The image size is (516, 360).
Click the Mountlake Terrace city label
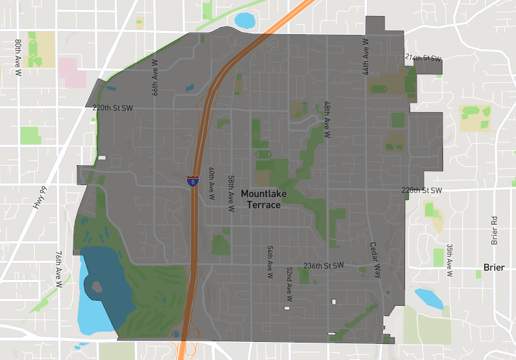[261, 199]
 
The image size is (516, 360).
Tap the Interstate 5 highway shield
[193, 181]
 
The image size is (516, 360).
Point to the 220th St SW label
[112, 108]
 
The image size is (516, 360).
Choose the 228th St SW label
[421, 190]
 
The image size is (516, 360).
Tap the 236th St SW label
[324, 265]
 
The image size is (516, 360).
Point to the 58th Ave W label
[230, 194]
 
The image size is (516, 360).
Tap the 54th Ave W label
[270, 261]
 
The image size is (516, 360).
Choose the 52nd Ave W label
[290, 285]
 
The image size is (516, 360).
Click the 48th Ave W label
[328, 120]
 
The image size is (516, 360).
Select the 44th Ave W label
[366, 56]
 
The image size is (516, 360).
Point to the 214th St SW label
[423, 58]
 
